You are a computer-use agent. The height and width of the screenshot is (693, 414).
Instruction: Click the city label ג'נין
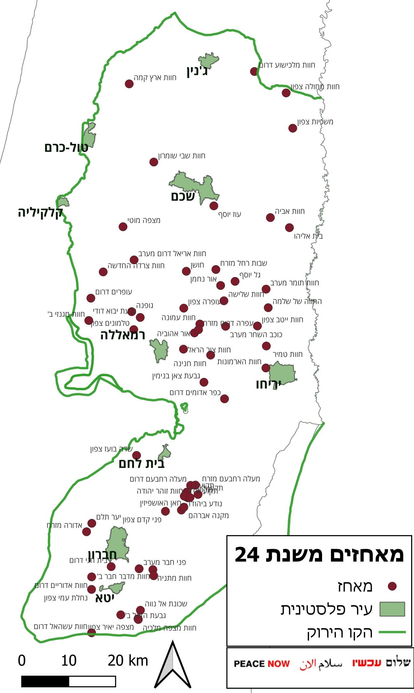tap(197, 72)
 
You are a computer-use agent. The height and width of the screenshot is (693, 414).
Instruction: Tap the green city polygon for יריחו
tap(282, 373)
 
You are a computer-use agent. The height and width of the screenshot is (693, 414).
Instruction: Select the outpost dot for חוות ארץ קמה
tap(129, 84)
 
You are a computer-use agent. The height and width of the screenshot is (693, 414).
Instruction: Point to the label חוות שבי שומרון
tap(182, 156)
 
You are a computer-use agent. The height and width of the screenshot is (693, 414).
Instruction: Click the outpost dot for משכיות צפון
tap(293, 128)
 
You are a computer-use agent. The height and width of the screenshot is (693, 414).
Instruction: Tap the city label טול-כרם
tap(66, 147)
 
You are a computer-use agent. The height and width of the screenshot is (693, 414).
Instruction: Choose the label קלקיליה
tap(40, 213)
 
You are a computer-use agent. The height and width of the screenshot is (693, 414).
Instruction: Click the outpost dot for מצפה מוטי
tap(123, 227)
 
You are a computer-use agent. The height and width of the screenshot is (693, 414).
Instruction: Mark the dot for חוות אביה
tap(270, 217)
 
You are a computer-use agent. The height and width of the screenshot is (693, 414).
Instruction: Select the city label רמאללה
tap(123, 335)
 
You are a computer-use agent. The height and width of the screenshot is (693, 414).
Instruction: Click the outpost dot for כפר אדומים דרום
tap(224, 399)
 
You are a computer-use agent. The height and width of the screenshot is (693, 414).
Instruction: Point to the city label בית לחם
tap(141, 464)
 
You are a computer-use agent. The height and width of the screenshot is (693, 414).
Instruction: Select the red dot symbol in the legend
tap(392, 586)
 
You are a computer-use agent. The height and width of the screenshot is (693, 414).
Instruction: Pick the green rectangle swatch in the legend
tap(392, 609)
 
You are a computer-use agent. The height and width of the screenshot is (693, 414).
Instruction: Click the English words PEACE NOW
tap(262, 664)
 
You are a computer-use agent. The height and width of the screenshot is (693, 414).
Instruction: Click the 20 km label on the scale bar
tap(128, 661)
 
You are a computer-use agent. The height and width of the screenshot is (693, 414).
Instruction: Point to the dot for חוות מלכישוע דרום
tap(254, 71)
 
